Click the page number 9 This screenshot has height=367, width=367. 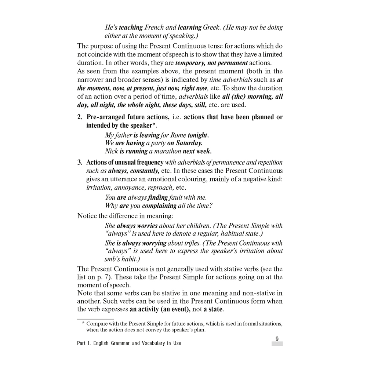coord(277,339)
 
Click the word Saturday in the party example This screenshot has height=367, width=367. coord(189,143)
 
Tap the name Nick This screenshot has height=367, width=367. coord(111,151)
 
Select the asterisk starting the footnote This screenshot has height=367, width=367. coord(83,324)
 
